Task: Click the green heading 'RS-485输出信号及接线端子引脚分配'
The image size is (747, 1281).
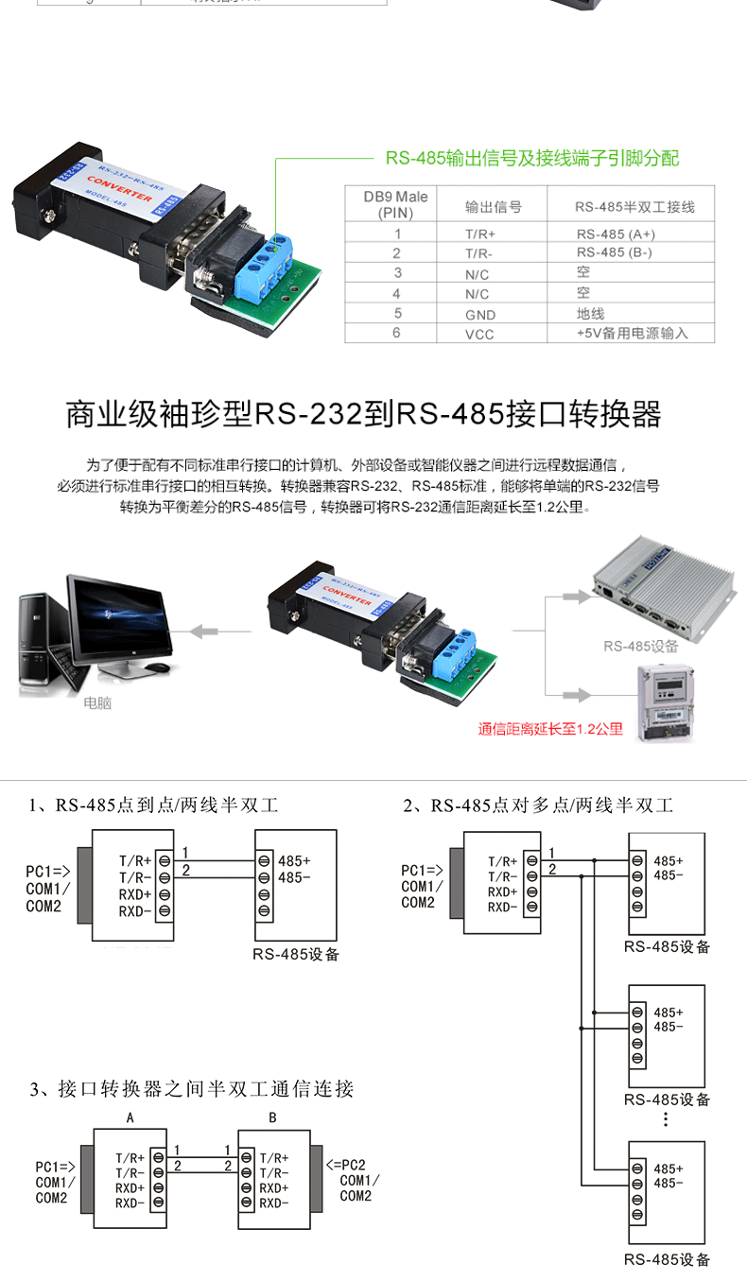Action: coord(531,158)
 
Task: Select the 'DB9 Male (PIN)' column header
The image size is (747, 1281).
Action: coord(396,204)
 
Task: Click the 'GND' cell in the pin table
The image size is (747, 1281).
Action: coord(479,314)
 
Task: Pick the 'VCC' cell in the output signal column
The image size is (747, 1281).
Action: coord(479,334)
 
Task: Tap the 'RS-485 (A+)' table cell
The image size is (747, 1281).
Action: coord(616,234)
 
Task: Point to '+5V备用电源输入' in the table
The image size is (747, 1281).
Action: coord(632,334)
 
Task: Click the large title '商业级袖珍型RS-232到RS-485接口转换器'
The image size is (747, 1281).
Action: coord(363,414)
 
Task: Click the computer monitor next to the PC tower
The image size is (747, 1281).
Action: coord(121,624)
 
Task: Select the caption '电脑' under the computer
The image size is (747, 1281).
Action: coord(97,702)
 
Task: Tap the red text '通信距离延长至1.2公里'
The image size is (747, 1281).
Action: coord(550,729)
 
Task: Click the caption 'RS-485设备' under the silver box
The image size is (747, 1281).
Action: coord(641,647)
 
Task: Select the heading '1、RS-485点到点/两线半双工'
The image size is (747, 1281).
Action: coord(153,805)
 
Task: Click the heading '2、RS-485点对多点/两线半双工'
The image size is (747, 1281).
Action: coord(538,805)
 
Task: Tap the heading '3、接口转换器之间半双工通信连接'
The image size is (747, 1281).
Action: coord(192,1089)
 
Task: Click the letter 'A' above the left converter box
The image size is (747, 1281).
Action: coord(130,1117)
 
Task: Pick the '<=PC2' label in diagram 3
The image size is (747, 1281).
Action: coord(345,1165)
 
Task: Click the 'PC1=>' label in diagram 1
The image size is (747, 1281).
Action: coord(44,871)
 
